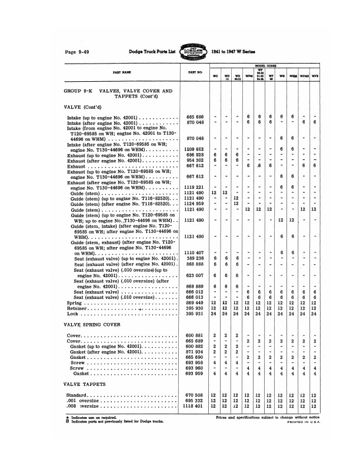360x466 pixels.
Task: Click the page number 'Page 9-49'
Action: pyautogui.click(x=76, y=52)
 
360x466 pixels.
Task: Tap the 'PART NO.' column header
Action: pyautogui.click(x=196, y=72)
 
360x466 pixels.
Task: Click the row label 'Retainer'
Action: pyautogui.click(x=76, y=308)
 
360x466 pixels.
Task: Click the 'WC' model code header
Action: pyautogui.click(x=215, y=76)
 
